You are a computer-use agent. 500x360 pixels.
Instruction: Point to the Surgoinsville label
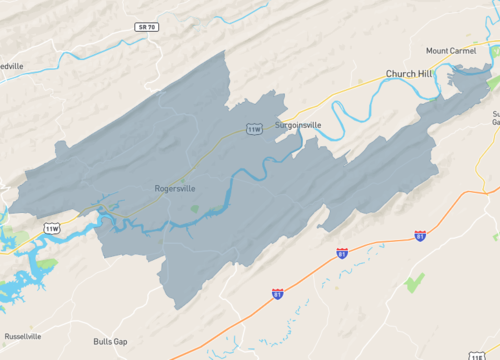click(300, 126)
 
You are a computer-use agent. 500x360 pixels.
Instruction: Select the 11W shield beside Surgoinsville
click(255, 129)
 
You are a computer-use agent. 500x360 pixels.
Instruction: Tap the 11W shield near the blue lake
click(52, 229)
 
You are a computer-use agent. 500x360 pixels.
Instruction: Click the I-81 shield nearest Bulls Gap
click(277, 293)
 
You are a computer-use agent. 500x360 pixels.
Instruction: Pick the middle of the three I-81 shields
click(342, 253)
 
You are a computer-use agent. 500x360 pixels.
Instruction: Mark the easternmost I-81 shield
click(420, 236)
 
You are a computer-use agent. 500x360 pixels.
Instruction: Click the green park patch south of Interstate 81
click(414, 282)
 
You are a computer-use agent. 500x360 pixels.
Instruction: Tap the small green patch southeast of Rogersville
click(196, 209)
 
